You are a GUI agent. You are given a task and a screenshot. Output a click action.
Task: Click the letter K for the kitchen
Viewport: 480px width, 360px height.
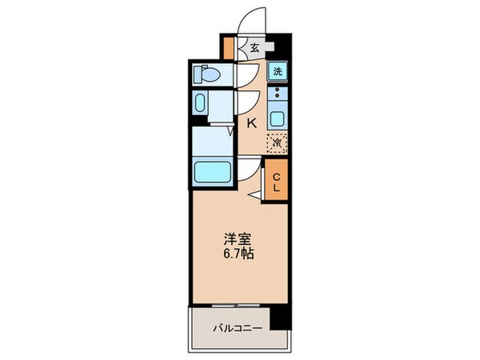point(250,123)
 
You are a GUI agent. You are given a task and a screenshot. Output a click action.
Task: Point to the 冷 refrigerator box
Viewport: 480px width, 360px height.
point(277,143)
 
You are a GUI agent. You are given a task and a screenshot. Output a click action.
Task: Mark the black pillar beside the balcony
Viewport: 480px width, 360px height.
point(279,317)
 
